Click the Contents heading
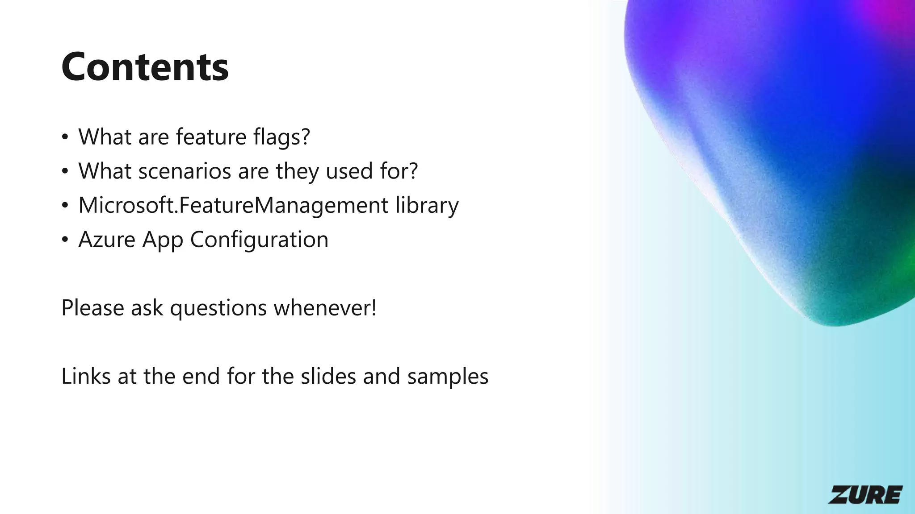pos(145,67)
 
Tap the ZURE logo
pos(865,495)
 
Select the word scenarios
pos(185,171)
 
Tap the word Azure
pos(107,240)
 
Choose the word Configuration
pos(259,240)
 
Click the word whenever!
pos(325,308)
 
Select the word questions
pos(218,308)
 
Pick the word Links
pos(86,376)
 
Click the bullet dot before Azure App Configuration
pos(65,240)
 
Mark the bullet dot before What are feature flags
pos(65,137)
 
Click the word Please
pos(92,308)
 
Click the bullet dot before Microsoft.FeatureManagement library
pos(65,206)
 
